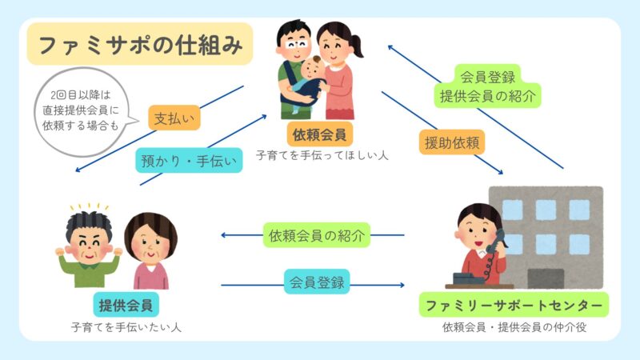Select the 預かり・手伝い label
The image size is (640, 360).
(189, 162)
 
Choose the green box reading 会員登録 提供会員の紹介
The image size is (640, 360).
(487, 86)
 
